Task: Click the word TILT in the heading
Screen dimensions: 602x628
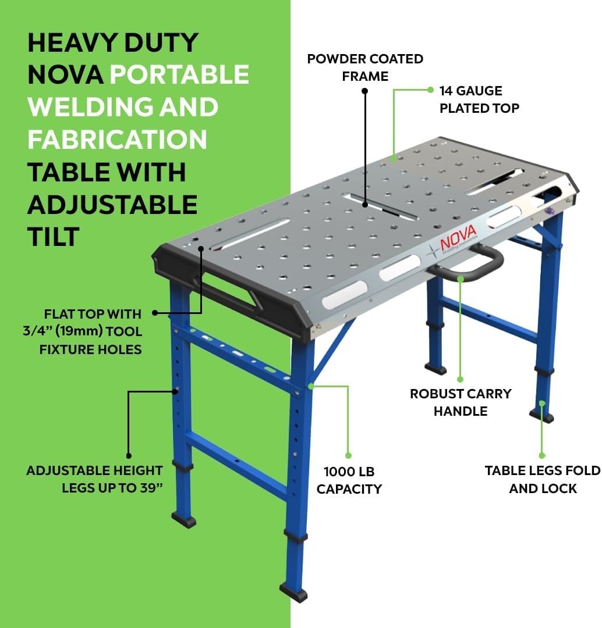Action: pyautogui.click(x=54, y=237)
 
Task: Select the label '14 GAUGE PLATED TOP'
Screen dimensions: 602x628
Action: pyautogui.click(x=479, y=99)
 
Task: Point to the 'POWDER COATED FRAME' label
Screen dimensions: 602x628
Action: pyautogui.click(x=365, y=67)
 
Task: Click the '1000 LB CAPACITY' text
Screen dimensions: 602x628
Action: pyautogui.click(x=349, y=480)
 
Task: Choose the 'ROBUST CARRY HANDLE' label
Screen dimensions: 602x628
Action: pyautogui.click(x=461, y=402)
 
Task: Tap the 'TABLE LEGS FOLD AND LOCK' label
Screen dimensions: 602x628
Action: pyautogui.click(x=542, y=479)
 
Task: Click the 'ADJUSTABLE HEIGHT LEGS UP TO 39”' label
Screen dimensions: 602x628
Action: pyautogui.click(x=95, y=479)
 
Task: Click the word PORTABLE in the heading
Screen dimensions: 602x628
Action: pyautogui.click(x=179, y=74)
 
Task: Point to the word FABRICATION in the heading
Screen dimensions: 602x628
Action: pyautogui.click(x=117, y=140)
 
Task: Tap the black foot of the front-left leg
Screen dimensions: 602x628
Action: pyautogui.click(x=184, y=520)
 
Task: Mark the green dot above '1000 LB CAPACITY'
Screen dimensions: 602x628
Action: pyautogui.click(x=348, y=455)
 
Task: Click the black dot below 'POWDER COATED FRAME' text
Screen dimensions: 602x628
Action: pyautogui.click(x=364, y=91)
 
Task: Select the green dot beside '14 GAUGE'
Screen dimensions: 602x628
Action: pyautogui.click(x=430, y=90)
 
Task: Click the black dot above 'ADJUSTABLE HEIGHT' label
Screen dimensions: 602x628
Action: pyautogui.click(x=129, y=456)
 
